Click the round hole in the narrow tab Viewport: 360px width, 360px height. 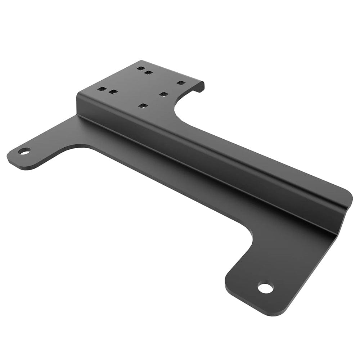[x=24, y=151]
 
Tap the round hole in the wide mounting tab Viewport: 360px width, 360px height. [x=265, y=288]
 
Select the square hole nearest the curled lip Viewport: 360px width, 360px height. [x=181, y=83]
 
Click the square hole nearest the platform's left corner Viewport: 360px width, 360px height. [x=102, y=89]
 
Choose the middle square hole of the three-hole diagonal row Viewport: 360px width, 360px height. [x=164, y=94]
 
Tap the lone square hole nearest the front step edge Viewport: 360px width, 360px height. [x=143, y=106]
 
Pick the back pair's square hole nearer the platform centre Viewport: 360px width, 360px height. [x=148, y=73]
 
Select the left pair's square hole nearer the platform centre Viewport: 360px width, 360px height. [x=113, y=92]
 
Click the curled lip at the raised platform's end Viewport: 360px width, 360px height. [x=200, y=86]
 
